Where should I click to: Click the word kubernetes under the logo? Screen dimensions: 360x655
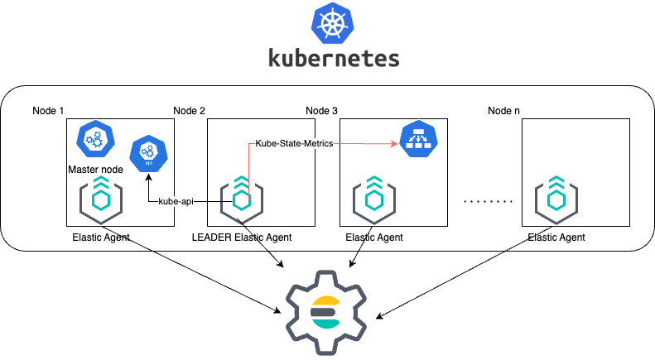click(334, 58)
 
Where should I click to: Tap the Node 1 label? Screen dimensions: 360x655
click(48, 111)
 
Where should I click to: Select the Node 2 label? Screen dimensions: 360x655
click(189, 111)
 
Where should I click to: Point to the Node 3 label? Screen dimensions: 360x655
click(322, 111)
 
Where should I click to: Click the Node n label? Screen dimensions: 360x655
click(503, 111)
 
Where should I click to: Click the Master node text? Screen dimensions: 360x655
click(94, 170)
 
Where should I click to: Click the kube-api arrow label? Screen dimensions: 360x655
click(176, 201)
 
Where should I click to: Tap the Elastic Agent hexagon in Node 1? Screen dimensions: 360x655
click(100, 199)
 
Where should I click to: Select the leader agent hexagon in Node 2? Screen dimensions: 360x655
click(241, 199)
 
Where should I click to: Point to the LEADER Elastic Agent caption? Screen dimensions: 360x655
click(242, 238)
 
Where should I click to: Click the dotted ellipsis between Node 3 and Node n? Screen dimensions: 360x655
click(488, 201)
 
